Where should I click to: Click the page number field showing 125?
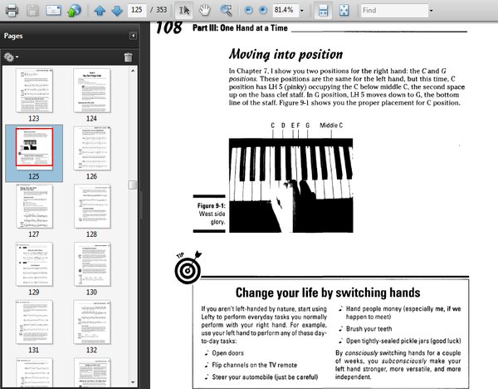pos(138,10)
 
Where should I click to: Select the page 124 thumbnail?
pos(91,90)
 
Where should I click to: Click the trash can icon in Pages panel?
pos(128,57)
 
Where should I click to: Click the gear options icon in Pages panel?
pos(11,57)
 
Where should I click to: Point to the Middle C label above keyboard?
pos(331,126)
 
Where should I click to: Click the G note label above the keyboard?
pos(306,126)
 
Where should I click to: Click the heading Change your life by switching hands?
pos(327,293)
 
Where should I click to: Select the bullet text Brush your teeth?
pos(373,329)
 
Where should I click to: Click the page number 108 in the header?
pos(168,27)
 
